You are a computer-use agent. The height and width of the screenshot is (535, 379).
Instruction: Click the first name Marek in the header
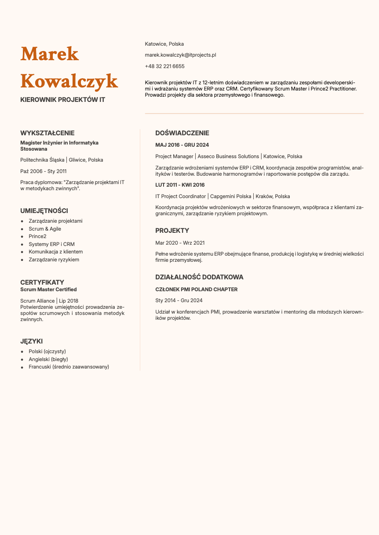tap(50, 54)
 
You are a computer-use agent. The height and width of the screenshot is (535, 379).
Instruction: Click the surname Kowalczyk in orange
tap(69, 81)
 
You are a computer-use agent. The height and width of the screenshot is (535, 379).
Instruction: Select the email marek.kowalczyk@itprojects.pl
tap(180, 55)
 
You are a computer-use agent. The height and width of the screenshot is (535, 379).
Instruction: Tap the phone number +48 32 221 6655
tap(164, 66)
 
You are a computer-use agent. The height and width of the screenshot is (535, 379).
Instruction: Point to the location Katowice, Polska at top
tap(164, 44)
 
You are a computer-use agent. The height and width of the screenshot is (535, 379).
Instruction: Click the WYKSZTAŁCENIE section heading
tap(47, 133)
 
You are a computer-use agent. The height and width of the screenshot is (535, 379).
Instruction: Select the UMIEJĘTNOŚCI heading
tap(44, 211)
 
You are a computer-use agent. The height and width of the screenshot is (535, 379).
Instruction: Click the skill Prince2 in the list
tap(37, 236)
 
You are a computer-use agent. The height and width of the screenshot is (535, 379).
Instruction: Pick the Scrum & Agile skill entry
tap(45, 229)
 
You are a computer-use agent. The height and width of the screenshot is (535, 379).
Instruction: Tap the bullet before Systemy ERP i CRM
tap(22, 244)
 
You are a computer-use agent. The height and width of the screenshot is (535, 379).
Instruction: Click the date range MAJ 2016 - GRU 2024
tap(182, 145)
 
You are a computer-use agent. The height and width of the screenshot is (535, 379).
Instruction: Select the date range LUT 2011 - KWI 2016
tap(180, 185)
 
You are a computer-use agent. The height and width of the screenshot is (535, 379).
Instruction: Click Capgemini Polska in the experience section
tap(231, 196)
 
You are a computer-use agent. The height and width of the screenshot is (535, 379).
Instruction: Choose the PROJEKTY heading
tap(172, 231)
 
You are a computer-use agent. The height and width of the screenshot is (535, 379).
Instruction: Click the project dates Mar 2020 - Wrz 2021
tap(180, 243)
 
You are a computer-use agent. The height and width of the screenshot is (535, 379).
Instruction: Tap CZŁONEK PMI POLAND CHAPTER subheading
tap(197, 289)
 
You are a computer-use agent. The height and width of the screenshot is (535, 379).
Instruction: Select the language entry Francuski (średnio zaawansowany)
tap(69, 367)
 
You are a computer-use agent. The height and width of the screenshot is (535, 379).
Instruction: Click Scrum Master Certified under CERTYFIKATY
tap(48, 289)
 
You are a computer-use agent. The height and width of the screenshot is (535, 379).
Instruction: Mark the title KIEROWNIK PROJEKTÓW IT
tap(63, 100)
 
